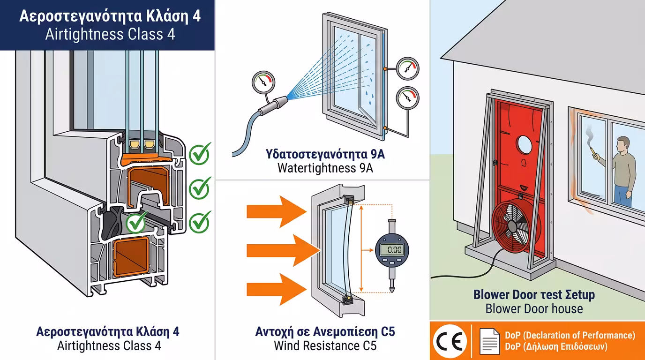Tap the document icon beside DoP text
489,341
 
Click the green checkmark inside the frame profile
136,223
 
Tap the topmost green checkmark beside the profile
200,154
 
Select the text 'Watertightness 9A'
325,168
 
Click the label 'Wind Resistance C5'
325,346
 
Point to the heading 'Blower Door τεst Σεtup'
534,295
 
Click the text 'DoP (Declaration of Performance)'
570,335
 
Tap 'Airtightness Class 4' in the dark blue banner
110,34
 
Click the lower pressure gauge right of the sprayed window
407,97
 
